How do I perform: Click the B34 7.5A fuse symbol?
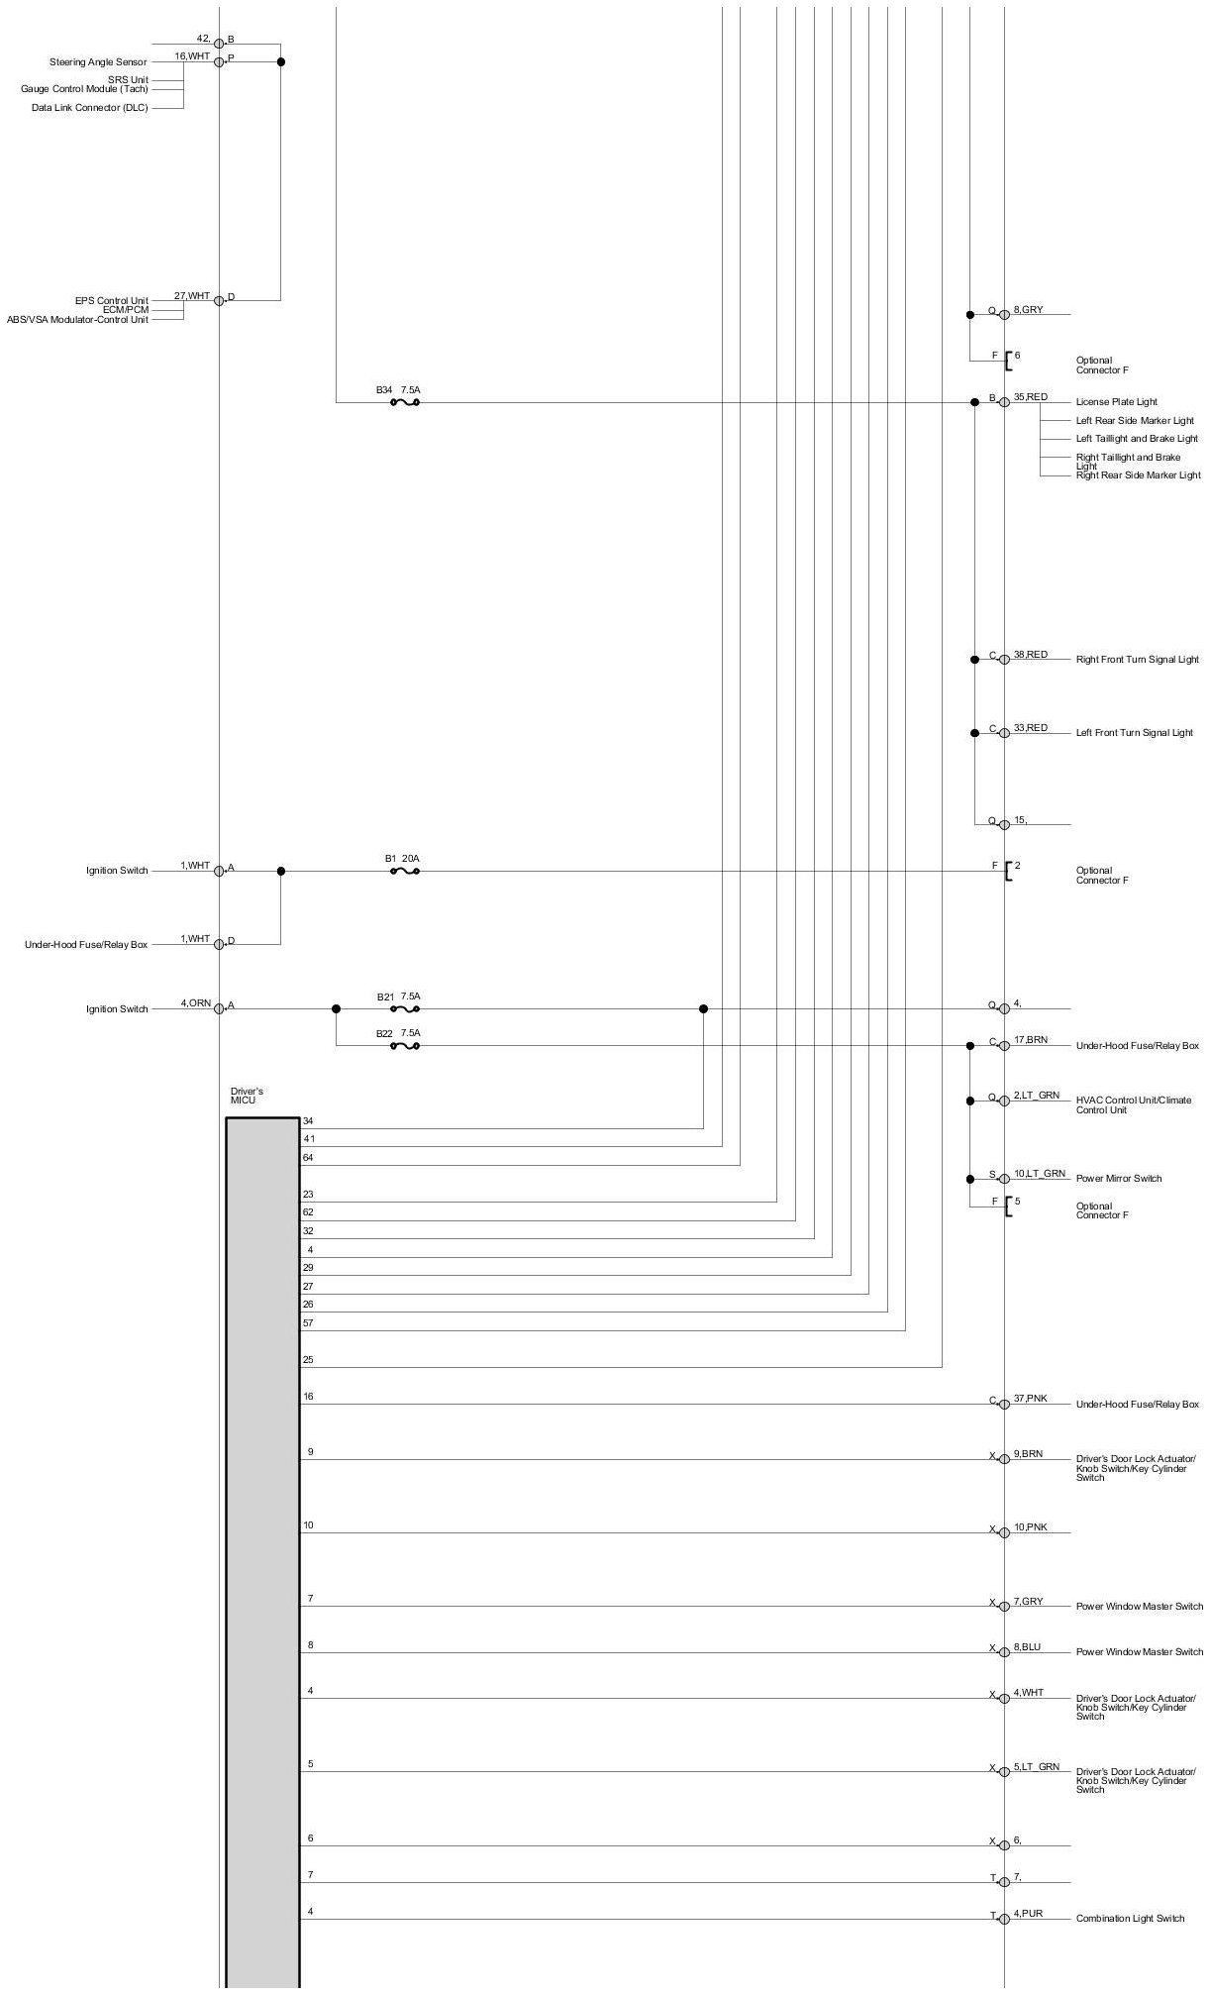coord(405,402)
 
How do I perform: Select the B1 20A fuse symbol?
coord(405,871)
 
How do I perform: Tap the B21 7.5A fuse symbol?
coord(405,1008)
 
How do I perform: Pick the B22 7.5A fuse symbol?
coord(405,1045)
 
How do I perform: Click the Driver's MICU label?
coord(247,1096)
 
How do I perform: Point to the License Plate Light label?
coord(1116,402)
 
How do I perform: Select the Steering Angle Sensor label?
coord(98,62)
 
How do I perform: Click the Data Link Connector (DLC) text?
coord(89,108)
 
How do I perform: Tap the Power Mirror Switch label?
coord(1118,1178)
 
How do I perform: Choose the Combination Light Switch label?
coord(1130,1919)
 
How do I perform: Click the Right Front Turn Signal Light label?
coord(1137,659)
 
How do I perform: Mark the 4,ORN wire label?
coord(195,1002)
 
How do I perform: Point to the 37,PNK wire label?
coord(1030,1398)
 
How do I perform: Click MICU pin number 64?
coord(308,1157)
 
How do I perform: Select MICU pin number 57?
coord(308,1322)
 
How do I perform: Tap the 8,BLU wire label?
coord(1027,1647)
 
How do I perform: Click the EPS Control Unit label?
coord(111,300)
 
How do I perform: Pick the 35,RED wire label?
coord(1030,396)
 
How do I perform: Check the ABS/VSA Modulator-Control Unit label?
coord(77,320)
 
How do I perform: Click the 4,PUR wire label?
coord(1027,1913)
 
